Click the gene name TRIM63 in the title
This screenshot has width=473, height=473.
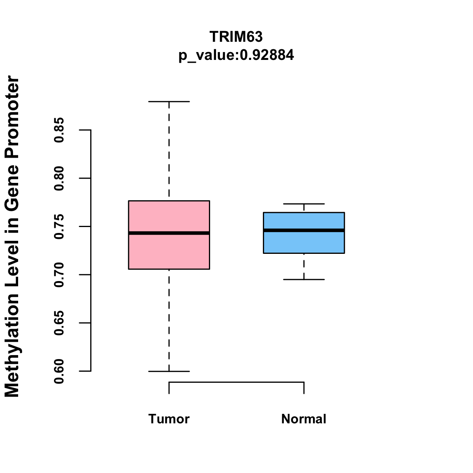click(x=236, y=37)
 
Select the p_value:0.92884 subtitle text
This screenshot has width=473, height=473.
click(x=236, y=55)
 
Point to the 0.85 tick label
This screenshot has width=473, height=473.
click(x=59, y=130)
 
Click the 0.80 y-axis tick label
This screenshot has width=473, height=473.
click(x=59, y=178)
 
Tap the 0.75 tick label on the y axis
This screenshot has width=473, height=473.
click(x=59, y=227)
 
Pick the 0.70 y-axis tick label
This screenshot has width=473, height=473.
click(x=59, y=275)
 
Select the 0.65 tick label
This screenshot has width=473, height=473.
click(x=59, y=323)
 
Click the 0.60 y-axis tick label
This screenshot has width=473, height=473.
click(x=59, y=371)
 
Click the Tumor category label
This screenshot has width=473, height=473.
click(x=169, y=419)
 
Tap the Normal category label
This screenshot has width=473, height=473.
click(x=304, y=419)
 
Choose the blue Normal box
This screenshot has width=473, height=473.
click(x=304, y=242)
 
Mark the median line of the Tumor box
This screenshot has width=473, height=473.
click(x=169, y=233)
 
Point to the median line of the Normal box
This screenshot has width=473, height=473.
click(x=304, y=230)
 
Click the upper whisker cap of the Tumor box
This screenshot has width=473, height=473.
click(x=169, y=101)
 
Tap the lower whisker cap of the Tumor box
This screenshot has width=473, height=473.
click(x=169, y=371)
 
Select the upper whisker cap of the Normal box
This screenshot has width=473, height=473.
click(x=304, y=204)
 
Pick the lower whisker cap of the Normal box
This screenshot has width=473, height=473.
click(x=304, y=279)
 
